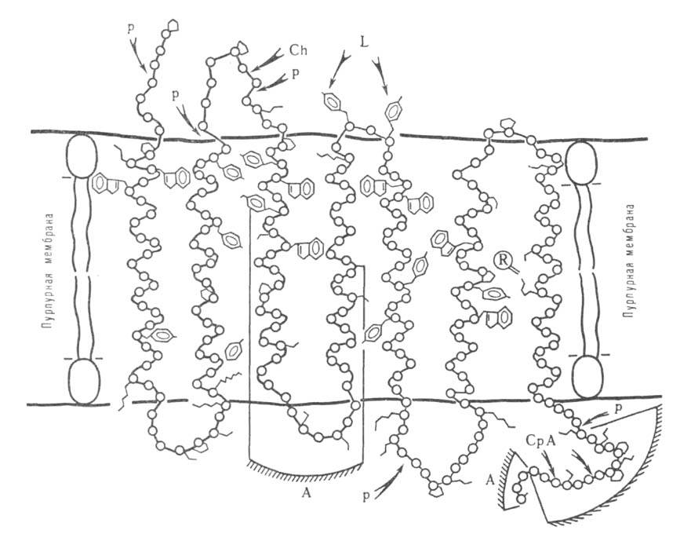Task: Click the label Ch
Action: (x=298, y=50)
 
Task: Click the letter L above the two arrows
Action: (x=364, y=41)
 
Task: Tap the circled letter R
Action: (x=503, y=260)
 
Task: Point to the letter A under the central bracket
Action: (x=306, y=492)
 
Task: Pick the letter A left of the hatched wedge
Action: (x=490, y=481)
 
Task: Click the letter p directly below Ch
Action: (x=295, y=75)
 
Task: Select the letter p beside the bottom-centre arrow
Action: (x=367, y=495)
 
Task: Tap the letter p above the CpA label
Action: (x=620, y=408)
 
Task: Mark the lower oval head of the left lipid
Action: (x=84, y=382)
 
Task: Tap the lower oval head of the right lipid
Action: (x=588, y=376)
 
